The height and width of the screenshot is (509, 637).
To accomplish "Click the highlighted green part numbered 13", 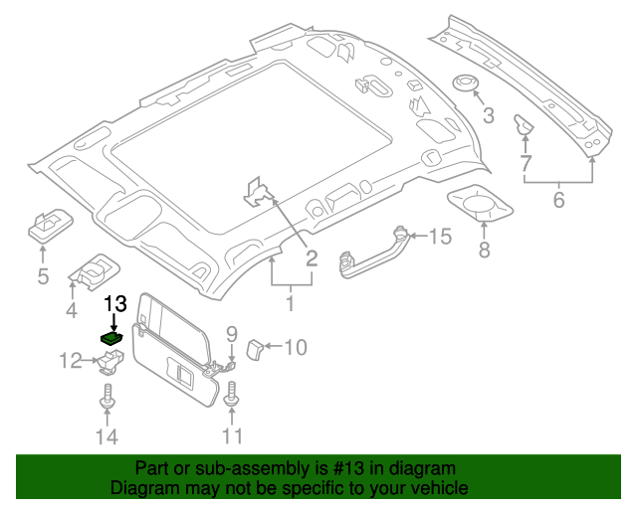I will [112, 338].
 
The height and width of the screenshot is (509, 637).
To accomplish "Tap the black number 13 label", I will [116, 304].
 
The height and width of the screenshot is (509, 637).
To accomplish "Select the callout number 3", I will [488, 117].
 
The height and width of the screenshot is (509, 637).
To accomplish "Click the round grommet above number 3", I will [465, 83].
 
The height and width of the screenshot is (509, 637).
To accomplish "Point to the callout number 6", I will [558, 200].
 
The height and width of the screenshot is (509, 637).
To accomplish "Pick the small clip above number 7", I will [522, 125].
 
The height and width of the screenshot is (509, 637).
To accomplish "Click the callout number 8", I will [485, 250].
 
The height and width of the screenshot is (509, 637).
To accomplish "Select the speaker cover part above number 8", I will [479, 206].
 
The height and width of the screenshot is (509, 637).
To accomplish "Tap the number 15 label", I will [440, 236].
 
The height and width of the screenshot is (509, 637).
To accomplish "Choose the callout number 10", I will [296, 347].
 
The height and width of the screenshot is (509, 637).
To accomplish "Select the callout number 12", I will [70, 361].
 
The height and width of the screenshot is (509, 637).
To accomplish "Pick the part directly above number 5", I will [46, 226].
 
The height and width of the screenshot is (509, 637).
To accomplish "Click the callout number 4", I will [71, 312].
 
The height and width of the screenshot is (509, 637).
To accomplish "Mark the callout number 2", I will [311, 258].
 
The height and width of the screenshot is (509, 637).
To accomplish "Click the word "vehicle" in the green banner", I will [434, 488].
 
